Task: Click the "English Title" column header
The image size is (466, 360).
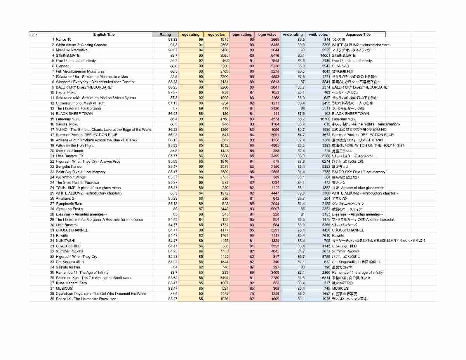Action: (x=104, y=35)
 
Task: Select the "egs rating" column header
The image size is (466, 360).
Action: (x=191, y=35)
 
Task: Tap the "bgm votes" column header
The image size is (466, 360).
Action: (x=267, y=35)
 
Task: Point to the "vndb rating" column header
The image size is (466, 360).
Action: (x=292, y=35)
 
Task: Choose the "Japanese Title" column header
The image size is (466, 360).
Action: (x=358, y=35)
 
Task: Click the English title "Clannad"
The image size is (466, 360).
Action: (x=63, y=66)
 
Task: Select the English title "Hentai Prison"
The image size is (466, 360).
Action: (x=66, y=92)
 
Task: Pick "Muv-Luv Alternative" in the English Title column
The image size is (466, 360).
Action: (x=72, y=50)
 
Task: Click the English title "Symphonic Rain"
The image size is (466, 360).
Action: (x=69, y=203)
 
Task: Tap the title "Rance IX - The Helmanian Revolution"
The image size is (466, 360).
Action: (x=86, y=299)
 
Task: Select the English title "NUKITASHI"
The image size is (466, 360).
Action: (x=65, y=241)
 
